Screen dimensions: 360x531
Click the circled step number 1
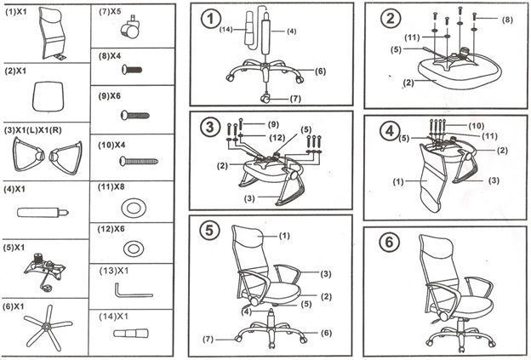(x=209, y=18)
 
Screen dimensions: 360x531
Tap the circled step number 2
(x=391, y=19)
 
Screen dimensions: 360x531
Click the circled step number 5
(x=210, y=233)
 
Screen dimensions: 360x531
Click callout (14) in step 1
(x=226, y=31)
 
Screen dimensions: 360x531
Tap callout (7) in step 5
(x=208, y=340)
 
